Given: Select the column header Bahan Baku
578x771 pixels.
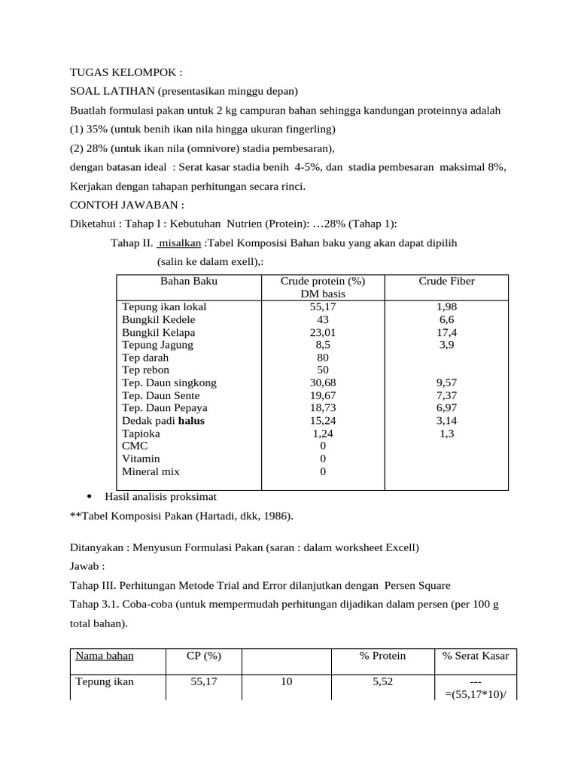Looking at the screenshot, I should click(188, 282).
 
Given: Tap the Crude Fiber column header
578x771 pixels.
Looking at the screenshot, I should click(446, 282).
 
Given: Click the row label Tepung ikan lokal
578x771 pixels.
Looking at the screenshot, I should click(164, 307).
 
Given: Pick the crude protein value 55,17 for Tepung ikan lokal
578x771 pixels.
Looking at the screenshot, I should click(322, 307).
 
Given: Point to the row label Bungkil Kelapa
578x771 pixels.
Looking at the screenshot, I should click(158, 332).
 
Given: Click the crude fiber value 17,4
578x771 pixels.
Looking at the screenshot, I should click(446, 332).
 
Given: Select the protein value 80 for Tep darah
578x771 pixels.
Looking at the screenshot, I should click(322, 358).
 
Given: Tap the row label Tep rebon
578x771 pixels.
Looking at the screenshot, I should click(145, 370).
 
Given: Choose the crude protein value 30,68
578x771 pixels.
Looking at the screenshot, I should click(322, 382).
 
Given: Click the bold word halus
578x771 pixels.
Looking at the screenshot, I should click(191, 421).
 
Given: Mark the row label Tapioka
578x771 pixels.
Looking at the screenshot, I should click(141, 434).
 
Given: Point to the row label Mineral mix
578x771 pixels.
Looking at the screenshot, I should click(151, 471).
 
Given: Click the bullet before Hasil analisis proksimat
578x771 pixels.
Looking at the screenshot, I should click(90, 497).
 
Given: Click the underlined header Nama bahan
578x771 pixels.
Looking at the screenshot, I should click(105, 656).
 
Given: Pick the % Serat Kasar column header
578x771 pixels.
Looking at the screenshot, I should click(475, 656).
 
